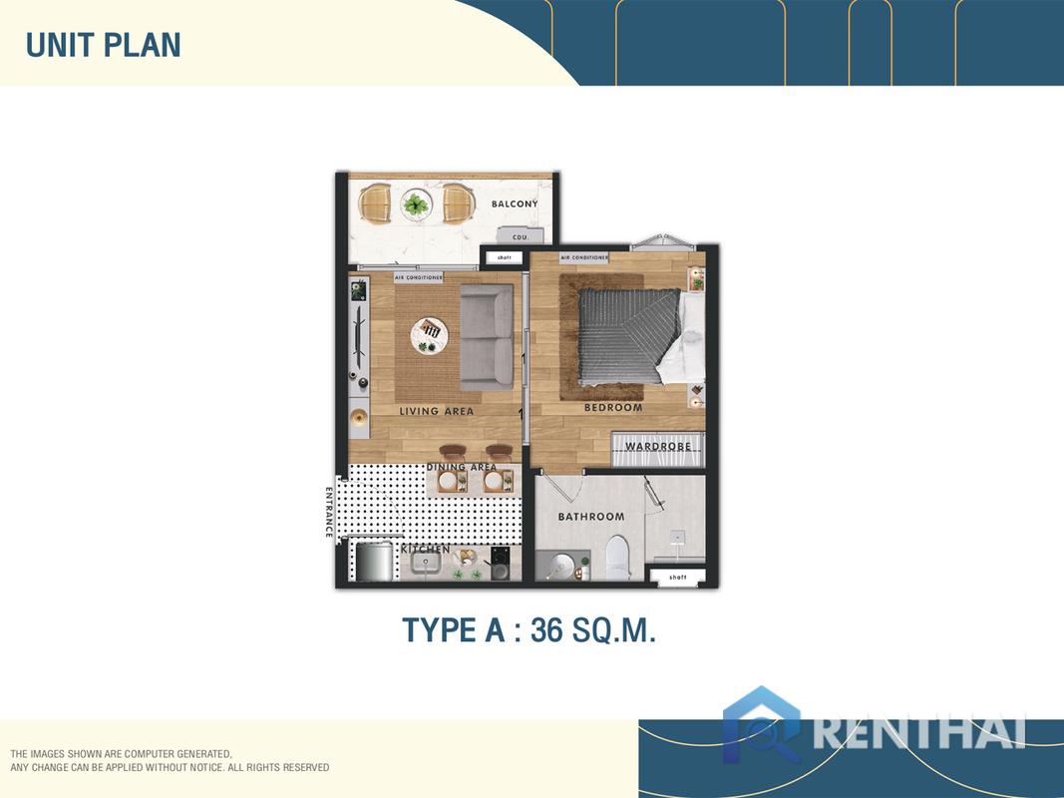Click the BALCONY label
pyautogui.click(x=515, y=204)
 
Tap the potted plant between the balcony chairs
pyautogui.click(x=415, y=205)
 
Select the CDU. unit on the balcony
pyautogui.click(x=520, y=236)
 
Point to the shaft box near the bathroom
pyautogui.click(x=678, y=577)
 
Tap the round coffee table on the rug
pyautogui.click(x=430, y=332)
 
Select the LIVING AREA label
pyautogui.click(x=437, y=411)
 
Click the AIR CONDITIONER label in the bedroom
pyautogui.click(x=584, y=257)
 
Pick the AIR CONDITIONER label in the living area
pyautogui.click(x=419, y=277)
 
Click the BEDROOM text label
pyautogui.click(x=613, y=408)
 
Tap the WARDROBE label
pyautogui.click(x=658, y=447)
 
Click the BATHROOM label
pyautogui.click(x=591, y=517)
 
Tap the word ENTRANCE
pyautogui.click(x=329, y=512)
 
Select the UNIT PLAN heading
pyautogui.click(x=103, y=45)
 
